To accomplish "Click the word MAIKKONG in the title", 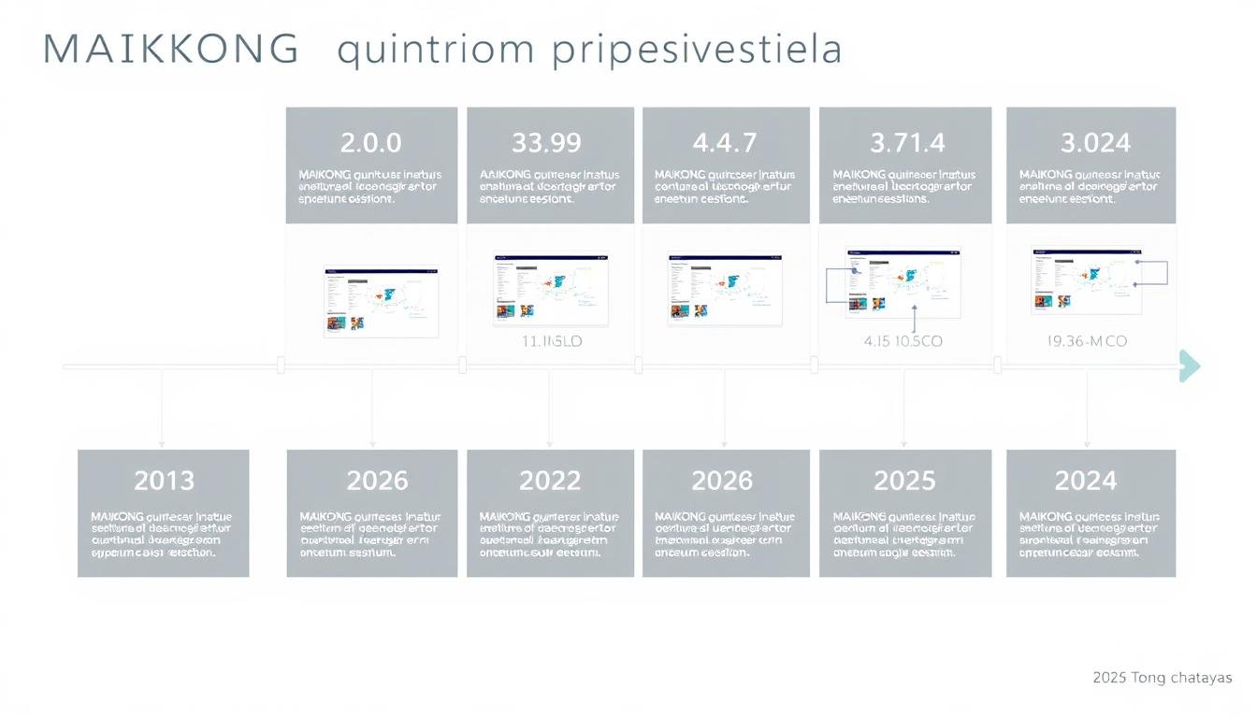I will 171,50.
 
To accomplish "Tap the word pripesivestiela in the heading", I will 698,51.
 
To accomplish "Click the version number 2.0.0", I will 370,143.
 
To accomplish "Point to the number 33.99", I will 546,143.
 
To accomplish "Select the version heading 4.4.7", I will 725,143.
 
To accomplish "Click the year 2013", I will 164,481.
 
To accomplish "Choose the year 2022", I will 550,481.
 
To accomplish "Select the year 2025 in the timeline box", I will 903,481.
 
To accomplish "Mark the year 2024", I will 1086,481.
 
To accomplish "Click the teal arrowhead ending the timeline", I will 1189,366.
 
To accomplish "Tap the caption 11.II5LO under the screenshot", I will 551,342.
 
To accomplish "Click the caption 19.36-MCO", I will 1087,342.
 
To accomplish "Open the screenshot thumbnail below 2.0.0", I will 381,301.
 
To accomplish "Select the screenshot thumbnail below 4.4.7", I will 725,289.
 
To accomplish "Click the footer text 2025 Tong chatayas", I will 1162,678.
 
